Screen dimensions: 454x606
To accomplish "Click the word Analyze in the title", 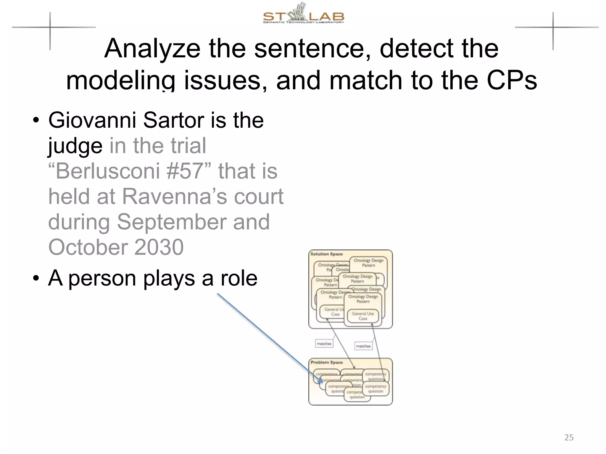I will pyautogui.click(x=152, y=49).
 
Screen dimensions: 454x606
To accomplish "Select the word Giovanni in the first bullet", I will pyautogui.click(x=92, y=120).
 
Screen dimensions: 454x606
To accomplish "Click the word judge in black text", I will pyautogui.click(x=75, y=146).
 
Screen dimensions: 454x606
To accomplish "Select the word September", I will pyautogui.click(x=171, y=222).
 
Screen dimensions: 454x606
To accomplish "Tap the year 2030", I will pyautogui.click(x=159, y=247).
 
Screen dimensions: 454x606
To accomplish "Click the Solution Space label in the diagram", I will pyautogui.click(x=326, y=254).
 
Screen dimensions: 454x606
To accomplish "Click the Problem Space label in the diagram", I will pyautogui.click(x=326, y=362).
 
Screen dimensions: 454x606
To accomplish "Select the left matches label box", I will pyautogui.click(x=324, y=344).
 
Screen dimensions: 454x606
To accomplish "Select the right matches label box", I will pyautogui.click(x=363, y=346).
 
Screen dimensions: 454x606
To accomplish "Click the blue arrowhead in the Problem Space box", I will pyautogui.click(x=320, y=380).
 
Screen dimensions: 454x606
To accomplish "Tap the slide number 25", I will pyautogui.click(x=569, y=437).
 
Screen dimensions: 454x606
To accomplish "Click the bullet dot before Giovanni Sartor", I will pyautogui.click(x=36, y=121).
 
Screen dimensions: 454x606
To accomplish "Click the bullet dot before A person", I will pyautogui.click(x=36, y=278).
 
